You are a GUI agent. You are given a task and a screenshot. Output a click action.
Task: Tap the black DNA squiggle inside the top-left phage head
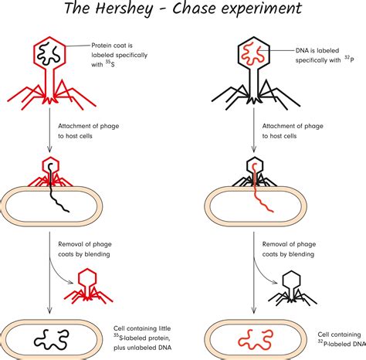pyautogui.click(x=52, y=55)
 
